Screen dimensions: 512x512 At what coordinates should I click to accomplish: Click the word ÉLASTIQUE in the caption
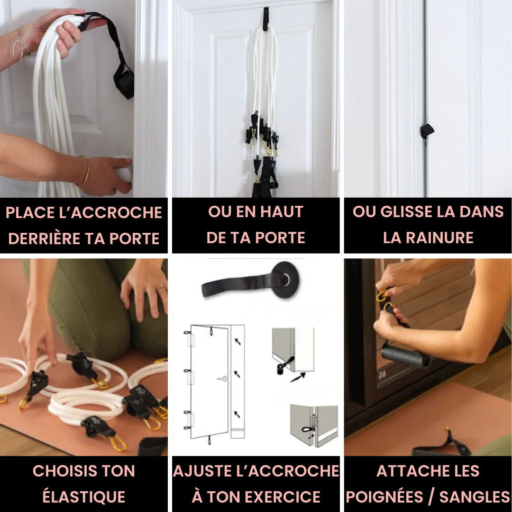pos(84,497)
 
